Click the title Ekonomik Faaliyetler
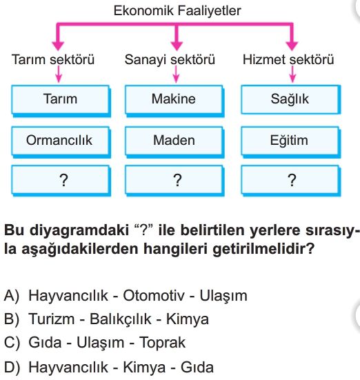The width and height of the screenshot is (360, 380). [177, 11]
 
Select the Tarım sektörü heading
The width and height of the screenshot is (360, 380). [53, 59]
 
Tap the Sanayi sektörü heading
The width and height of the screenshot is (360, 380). [170, 59]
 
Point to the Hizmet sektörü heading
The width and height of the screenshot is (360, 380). [288, 59]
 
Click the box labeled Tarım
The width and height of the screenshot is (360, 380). [61, 100]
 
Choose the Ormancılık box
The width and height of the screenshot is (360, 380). [61, 141]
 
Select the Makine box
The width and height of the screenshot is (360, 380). [174, 100]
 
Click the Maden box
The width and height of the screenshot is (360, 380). [174, 141]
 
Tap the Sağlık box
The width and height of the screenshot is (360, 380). [290, 100]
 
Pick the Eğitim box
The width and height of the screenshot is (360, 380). [290, 141]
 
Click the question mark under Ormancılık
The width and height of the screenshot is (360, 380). [63, 180]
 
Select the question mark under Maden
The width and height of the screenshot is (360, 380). [177, 180]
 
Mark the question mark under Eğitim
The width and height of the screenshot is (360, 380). [292, 180]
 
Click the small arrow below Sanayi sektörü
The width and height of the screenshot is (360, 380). [177, 74]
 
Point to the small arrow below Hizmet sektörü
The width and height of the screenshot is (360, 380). [292, 74]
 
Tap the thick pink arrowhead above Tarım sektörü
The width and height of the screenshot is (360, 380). [58, 46]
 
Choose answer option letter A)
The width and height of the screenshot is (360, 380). [11, 296]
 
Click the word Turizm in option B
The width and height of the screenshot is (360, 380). [52, 319]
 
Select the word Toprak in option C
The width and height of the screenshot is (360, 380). [163, 343]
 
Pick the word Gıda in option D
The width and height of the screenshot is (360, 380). [197, 368]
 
